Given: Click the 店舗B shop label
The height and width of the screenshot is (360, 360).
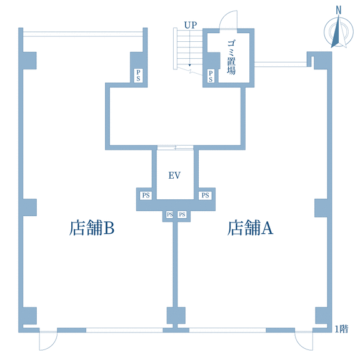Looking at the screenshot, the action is coord(92,227).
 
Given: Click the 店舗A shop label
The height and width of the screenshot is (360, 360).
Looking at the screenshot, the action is coord(250,227).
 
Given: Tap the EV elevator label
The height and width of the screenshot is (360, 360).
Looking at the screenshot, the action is coord(174,176).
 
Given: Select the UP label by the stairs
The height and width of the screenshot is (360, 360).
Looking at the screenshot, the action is coord(191,25).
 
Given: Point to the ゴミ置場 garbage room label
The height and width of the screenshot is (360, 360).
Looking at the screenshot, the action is coord(231,57).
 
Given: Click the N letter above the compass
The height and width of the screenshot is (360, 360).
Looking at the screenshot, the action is coord(338,11).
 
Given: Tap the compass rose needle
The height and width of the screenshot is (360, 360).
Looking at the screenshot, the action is coord(339,32).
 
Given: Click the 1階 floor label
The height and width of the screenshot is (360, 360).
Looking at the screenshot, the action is coord(341,329).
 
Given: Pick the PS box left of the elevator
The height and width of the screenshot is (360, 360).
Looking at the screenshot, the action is coord(146,196).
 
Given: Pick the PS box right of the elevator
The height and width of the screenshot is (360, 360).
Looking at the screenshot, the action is coord(205,196).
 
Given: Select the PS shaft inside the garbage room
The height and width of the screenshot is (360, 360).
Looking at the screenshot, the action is coord(211,76).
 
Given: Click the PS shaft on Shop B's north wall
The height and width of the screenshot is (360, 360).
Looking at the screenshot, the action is coord(138,76).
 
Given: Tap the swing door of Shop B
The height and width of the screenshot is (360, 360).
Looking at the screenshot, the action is coord(48,341).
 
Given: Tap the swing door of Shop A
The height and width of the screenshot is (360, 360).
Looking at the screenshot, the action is coord(304,341).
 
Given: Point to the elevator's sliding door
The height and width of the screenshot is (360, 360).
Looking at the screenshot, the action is coord(175,147).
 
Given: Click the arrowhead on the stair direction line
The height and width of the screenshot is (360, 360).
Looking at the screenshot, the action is coord(189,65).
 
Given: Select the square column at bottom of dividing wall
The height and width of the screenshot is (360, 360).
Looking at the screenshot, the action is coord(176,316).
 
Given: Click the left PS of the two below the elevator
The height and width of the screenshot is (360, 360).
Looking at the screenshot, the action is coord(169,214).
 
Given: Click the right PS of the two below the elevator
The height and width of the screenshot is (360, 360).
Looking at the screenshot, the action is coord(182,214).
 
